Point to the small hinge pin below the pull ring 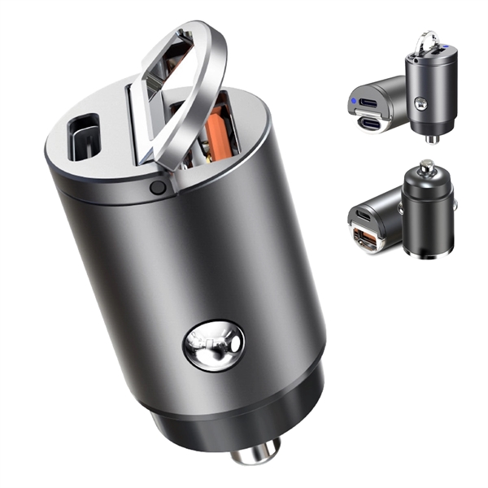(158, 188)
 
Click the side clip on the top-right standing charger (420, 104)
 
